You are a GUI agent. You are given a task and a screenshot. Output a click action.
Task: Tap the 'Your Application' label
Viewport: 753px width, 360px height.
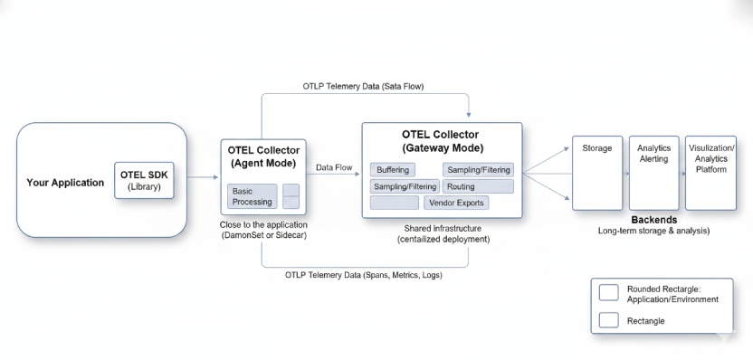click(65, 183)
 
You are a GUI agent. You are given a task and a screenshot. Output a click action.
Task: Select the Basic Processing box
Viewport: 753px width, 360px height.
click(252, 196)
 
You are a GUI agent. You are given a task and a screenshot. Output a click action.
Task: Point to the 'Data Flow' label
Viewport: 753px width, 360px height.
click(334, 167)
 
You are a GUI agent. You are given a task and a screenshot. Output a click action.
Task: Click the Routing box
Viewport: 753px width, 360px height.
click(477, 186)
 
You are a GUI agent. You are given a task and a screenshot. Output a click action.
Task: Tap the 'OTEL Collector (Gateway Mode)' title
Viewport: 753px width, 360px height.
click(442, 140)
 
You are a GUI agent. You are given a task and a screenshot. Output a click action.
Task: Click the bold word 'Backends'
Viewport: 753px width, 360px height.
click(653, 220)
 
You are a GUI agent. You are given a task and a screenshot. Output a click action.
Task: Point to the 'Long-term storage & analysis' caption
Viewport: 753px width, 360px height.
click(653, 231)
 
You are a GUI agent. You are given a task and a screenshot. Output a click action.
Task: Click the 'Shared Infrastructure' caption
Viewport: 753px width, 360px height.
click(443, 228)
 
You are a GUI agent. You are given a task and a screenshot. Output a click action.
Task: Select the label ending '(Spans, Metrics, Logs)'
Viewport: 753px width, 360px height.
click(363, 274)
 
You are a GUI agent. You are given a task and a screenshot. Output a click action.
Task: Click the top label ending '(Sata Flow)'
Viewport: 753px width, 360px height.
click(363, 86)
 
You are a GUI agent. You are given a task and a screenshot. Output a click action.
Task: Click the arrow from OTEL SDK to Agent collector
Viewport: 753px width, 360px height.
click(200, 182)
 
